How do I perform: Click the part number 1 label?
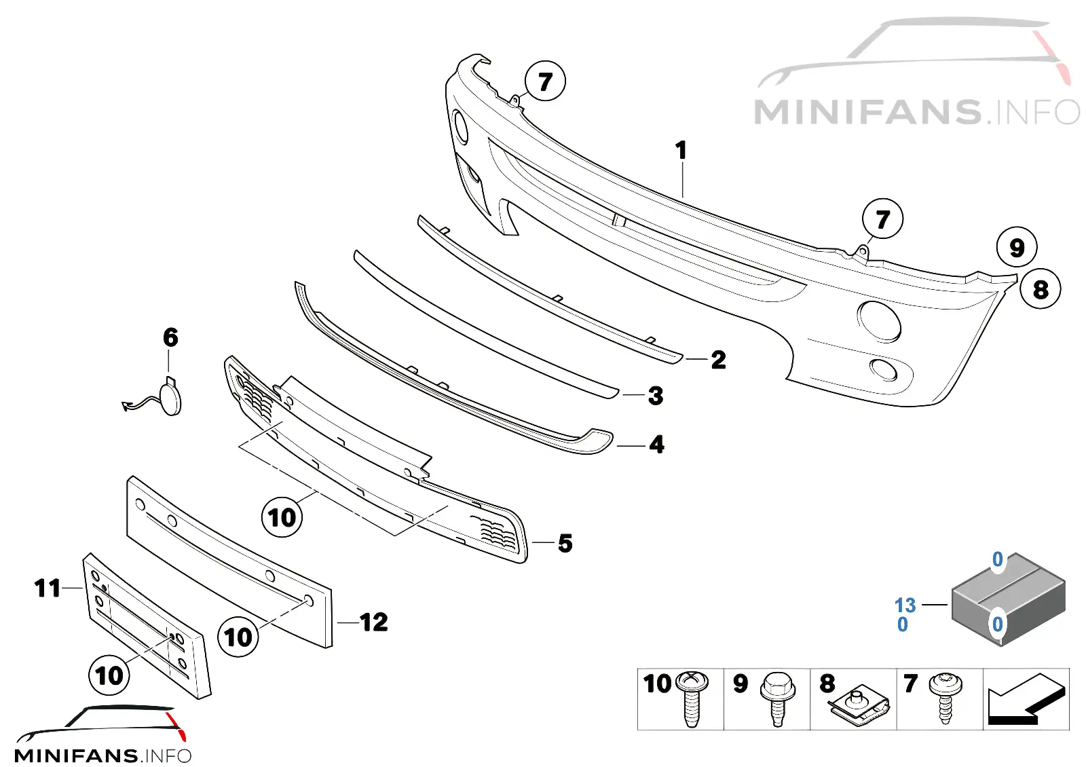point(681,150)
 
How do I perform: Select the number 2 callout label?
point(719,359)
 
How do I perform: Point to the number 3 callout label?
point(656,396)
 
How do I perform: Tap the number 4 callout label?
point(656,444)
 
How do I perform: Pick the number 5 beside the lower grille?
point(565,543)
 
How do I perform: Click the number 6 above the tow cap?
point(170,337)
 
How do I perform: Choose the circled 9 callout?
point(1017,247)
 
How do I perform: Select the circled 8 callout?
point(1041,289)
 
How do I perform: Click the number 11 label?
point(48,588)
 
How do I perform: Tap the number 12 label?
point(374,622)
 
